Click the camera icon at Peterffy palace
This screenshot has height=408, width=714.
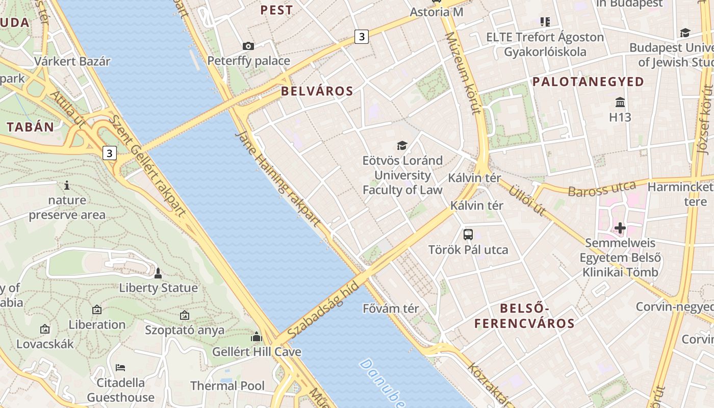click(x=248, y=46)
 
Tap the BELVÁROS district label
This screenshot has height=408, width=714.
click(x=317, y=91)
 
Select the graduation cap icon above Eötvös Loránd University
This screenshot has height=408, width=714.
click(x=402, y=146)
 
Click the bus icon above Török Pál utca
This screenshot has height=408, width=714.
click(x=468, y=235)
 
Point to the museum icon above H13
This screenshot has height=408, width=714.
click(x=620, y=102)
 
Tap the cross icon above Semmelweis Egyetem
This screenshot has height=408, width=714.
click(x=620, y=228)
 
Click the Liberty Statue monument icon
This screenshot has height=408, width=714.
click(x=158, y=273)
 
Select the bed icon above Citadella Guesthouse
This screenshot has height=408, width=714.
click(x=120, y=367)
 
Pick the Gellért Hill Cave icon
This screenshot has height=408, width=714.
click(x=257, y=337)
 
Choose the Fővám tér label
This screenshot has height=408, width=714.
click(x=391, y=309)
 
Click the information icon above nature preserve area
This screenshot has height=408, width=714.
click(x=67, y=185)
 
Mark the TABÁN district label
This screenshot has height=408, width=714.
click(x=31, y=127)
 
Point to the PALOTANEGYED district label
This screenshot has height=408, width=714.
click(x=588, y=82)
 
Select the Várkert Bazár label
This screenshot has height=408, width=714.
click(x=72, y=61)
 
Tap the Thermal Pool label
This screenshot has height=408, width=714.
click(x=227, y=386)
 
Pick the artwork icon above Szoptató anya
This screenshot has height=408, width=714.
click(x=185, y=316)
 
